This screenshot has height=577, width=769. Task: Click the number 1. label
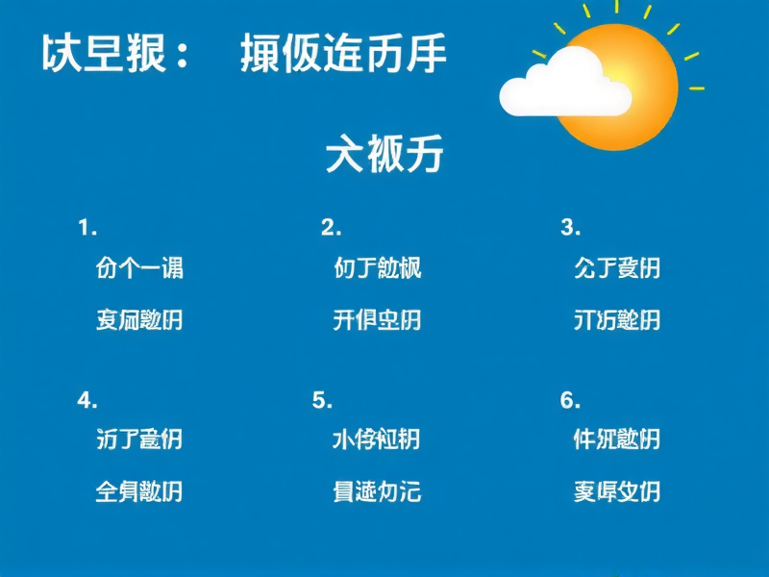[87, 228]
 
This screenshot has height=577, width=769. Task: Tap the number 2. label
[332, 228]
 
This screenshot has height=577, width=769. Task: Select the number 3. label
[571, 228]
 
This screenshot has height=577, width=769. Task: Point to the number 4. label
[87, 400]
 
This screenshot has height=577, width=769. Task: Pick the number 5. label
[323, 400]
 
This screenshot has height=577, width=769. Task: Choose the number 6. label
[571, 400]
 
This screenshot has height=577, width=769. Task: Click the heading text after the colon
[343, 55]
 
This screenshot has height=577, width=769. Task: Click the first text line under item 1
[139, 267]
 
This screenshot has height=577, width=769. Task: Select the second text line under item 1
[139, 319]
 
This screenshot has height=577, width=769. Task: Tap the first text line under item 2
[377, 267]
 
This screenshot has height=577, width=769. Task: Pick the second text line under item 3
[616, 319]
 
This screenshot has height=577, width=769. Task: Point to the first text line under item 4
[139, 439]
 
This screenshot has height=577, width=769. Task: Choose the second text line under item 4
[139, 491]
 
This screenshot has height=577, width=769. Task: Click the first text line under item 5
[377, 439]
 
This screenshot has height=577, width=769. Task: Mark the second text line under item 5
[377, 491]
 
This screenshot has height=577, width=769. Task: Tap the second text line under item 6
[616, 491]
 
